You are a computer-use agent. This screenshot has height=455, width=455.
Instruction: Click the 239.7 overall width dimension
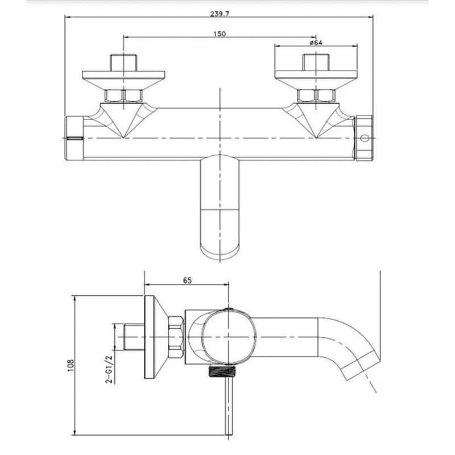220,14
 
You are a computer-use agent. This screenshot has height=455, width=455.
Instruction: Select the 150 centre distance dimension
220,34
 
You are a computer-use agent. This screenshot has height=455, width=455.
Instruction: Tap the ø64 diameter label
316,43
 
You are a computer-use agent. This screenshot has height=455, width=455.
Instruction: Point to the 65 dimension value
188,280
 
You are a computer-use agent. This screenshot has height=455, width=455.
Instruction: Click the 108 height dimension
71,365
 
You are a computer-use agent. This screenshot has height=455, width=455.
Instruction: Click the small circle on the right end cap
365,138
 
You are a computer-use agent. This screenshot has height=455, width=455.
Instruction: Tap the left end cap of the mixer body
74,138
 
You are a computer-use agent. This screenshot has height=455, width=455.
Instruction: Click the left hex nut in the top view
123,96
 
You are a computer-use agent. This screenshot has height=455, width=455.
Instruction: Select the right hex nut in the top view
316,96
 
